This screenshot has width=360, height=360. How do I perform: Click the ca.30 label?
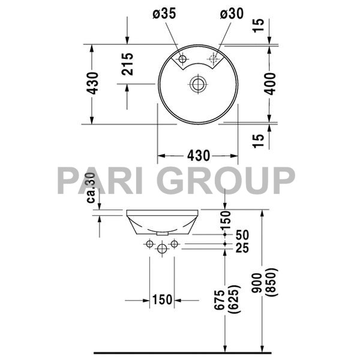pos(92,188)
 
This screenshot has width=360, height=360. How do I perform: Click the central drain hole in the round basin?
pos(197,85)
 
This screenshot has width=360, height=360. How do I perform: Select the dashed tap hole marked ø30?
pos(212,59)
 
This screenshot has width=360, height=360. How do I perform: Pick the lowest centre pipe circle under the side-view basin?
pos(161,248)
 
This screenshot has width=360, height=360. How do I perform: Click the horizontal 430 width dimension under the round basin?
pos(198,156)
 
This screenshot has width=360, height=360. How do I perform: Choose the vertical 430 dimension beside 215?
pos(92,85)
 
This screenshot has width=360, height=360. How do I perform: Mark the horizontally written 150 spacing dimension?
pos(162,299)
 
